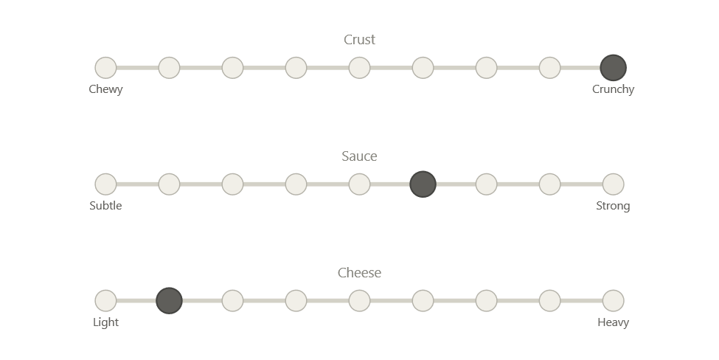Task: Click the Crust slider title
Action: coord(360,40)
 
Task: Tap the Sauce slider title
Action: coord(360,156)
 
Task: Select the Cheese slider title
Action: coord(360,273)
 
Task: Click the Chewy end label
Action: coord(105,89)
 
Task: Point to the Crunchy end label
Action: coord(614,89)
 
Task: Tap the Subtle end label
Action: coord(105,206)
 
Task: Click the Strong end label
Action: coord(614,206)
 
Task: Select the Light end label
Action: coord(105,322)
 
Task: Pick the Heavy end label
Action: coord(614,322)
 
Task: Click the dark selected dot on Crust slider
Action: coord(614,68)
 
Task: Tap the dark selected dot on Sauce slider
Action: coord(423,184)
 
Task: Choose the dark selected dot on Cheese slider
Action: coord(169,301)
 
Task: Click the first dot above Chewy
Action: coord(105,68)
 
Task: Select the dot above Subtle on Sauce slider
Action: coord(105,184)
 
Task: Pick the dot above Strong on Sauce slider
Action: coord(614,184)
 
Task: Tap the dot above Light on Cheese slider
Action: coord(105,301)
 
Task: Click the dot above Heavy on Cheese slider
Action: coord(614,301)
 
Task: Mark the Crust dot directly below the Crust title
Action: coord(360,68)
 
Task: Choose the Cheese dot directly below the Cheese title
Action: coord(360,301)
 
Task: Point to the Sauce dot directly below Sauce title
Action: coord(360,184)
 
